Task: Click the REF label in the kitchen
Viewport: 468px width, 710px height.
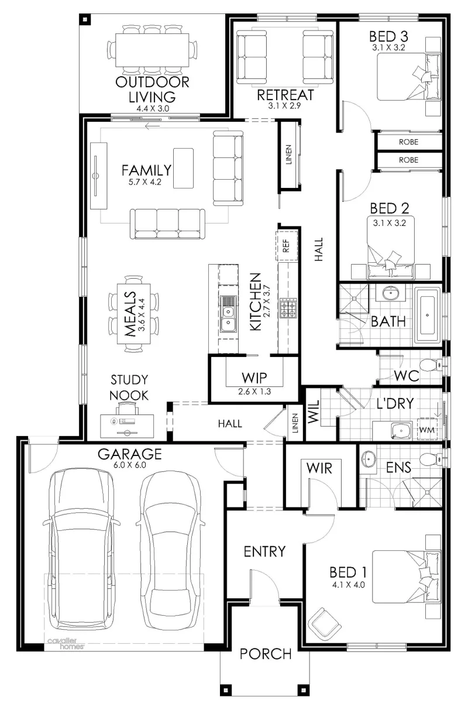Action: pyautogui.click(x=286, y=246)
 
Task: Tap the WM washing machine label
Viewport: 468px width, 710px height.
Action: pyautogui.click(x=426, y=430)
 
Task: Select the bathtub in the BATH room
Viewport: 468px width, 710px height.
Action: pyautogui.click(x=428, y=315)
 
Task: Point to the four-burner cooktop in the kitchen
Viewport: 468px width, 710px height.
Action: pyautogui.click(x=288, y=308)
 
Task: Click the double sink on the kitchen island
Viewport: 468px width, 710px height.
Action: pyautogui.click(x=228, y=314)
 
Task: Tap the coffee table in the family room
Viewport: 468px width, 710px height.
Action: pyautogui.click(x=184, y=168)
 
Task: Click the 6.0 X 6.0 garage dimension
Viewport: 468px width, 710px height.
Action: pyautogui.click(x=130, y=465)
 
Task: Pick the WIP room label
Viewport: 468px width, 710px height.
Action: pyautogui.click(x=254, y=378)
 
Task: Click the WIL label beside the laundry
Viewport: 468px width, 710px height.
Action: pyautogui.click(x=313, y=411)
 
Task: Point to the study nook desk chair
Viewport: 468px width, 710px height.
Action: pyautogui.click(x=128, y=407)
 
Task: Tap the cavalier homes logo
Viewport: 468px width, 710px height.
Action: pyautogui.click(x=66, y=644)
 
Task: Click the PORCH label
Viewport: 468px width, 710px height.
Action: pyautogui.click(x=266, y=654)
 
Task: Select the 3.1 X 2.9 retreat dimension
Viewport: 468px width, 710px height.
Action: pyautogui.click(x=284, y=106)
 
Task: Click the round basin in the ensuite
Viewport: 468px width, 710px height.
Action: pyautogui.click(x=368, y=459)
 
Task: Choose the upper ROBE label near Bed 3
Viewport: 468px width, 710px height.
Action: pyautogui.click(x=408, y=142)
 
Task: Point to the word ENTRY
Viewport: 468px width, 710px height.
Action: pyautogui.click(x=264, y=552)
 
